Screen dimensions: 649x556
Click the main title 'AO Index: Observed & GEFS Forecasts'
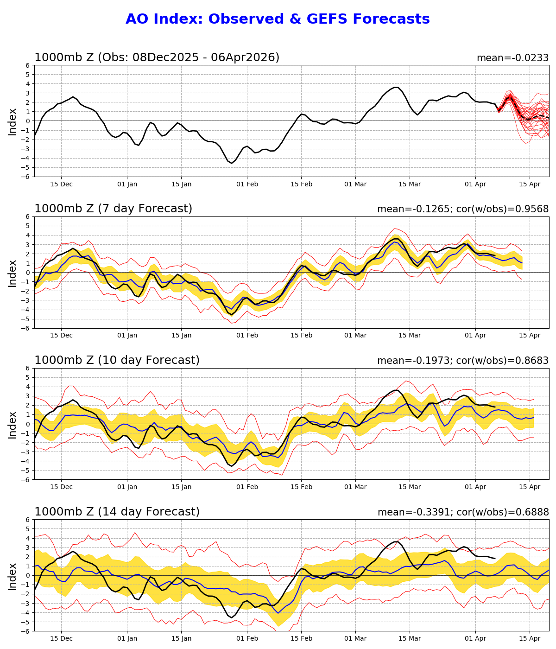point(278,19)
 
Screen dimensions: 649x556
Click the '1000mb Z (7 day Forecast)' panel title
point(113,209)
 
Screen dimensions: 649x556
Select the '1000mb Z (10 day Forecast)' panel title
point(117,360)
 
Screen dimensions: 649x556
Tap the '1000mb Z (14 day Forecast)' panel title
point(117,512)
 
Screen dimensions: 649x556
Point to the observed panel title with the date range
point(157,57)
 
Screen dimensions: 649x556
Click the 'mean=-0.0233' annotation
point(512,58)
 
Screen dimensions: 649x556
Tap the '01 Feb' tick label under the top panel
point(247,184)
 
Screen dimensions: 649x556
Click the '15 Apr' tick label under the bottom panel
point(530,639)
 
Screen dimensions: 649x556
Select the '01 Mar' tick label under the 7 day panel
point(355,336)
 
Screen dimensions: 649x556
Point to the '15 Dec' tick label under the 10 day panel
point(61,487)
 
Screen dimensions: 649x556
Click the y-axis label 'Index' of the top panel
point(13,121)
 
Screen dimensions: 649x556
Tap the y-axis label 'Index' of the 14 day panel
point(13,576)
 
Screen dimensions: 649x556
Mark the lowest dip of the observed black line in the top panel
point(232,163)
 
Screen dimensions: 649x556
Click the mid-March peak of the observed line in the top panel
point(396,87)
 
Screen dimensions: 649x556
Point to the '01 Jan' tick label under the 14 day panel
point(127,639)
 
